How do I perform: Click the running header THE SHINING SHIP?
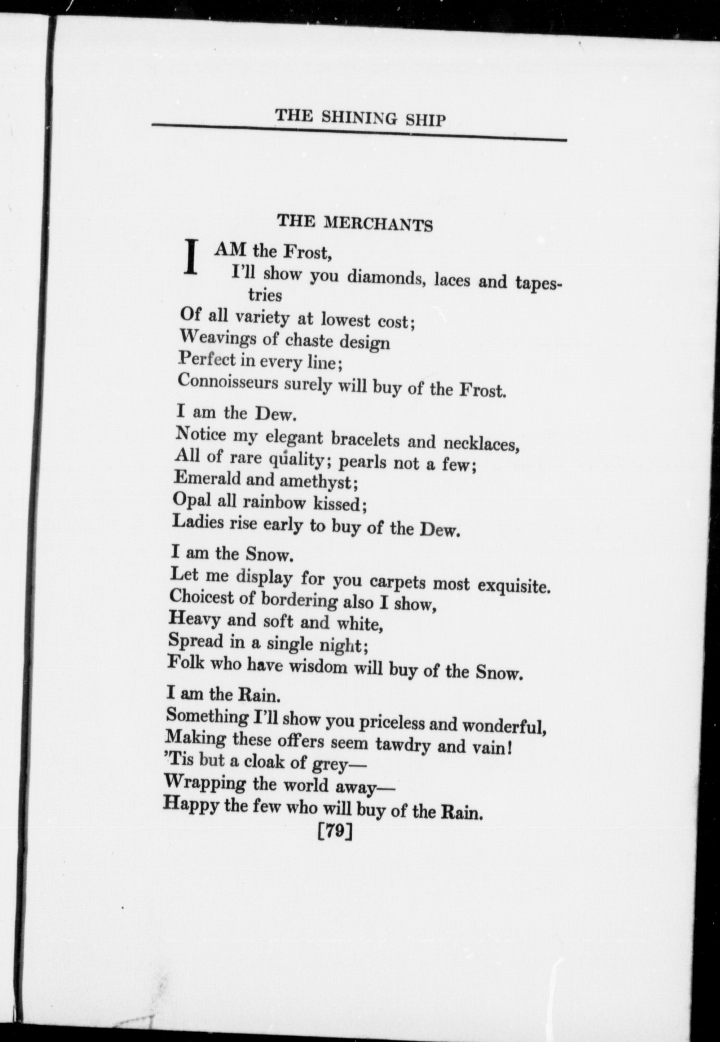coord(360,117)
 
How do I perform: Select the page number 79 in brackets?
coord(336,832)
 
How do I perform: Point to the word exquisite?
coord(514,586)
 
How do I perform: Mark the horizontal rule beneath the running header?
coord(359,132)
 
